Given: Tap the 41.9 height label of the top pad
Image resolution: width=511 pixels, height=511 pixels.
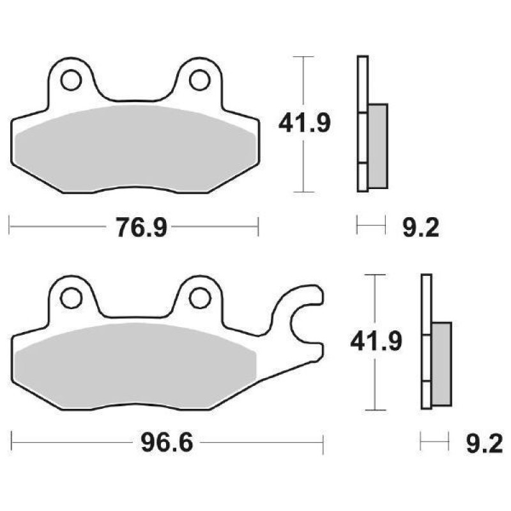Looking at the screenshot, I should tap(304, 123).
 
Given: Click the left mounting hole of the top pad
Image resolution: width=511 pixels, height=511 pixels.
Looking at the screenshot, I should tap(71, 80).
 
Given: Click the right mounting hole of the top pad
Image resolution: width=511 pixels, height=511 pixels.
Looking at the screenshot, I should tap(199, 80).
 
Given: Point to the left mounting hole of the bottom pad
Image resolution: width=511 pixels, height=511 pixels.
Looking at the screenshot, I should tap(71, 297).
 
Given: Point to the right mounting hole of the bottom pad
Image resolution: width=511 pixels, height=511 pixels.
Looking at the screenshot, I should tap(199, 297).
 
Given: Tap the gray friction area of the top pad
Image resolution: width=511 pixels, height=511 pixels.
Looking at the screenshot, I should tap(134, 150).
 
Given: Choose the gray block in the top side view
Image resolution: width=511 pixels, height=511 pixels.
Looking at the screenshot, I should tap(378, 146).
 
